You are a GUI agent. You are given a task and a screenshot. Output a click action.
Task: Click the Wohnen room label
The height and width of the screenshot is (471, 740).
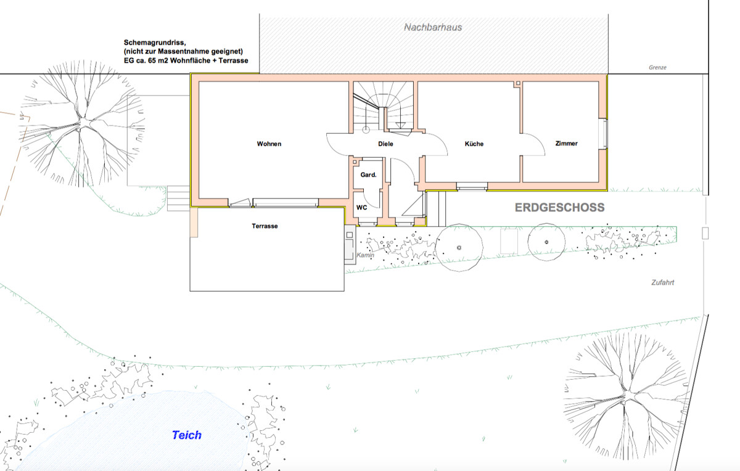(269, 144)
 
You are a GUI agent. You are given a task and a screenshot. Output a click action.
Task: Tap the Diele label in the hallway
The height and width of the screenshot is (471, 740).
(385, 144)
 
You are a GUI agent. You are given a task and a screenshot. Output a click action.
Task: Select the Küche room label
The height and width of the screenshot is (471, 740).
(474, 144)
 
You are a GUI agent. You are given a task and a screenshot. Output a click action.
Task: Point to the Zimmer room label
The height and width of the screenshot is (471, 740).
(567, 144)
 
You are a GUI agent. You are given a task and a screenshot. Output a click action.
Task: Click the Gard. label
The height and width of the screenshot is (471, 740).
(368, 174)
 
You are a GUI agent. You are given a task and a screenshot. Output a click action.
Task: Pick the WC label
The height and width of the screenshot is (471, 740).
(362, 207)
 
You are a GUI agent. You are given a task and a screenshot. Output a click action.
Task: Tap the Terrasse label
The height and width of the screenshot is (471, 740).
(265, 226)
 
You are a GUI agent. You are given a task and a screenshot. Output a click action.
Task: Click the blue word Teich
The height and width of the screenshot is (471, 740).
(187, 435)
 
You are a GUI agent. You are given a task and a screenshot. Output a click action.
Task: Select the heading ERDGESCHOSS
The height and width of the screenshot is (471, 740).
(560, 207)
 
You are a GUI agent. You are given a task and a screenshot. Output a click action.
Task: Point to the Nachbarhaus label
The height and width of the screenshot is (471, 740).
(433, 27)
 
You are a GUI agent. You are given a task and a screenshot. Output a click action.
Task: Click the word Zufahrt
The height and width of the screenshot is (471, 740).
(663, 282)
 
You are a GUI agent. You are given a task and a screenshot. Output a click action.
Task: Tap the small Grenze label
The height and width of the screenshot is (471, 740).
(657, 67)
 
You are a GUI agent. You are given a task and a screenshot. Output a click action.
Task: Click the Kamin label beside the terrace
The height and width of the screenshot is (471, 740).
(365, 255)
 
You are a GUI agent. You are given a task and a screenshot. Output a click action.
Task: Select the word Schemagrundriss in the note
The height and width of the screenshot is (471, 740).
(155, 43)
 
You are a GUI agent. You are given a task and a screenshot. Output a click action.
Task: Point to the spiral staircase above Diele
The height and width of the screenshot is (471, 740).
(383, 107)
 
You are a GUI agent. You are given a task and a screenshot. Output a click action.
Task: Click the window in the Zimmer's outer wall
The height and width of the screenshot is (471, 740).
(604, 133)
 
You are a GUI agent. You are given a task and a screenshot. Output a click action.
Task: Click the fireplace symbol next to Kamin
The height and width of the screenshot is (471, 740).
(350, 244)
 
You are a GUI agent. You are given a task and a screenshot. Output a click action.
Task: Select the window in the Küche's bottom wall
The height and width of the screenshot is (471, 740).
(472, 187)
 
